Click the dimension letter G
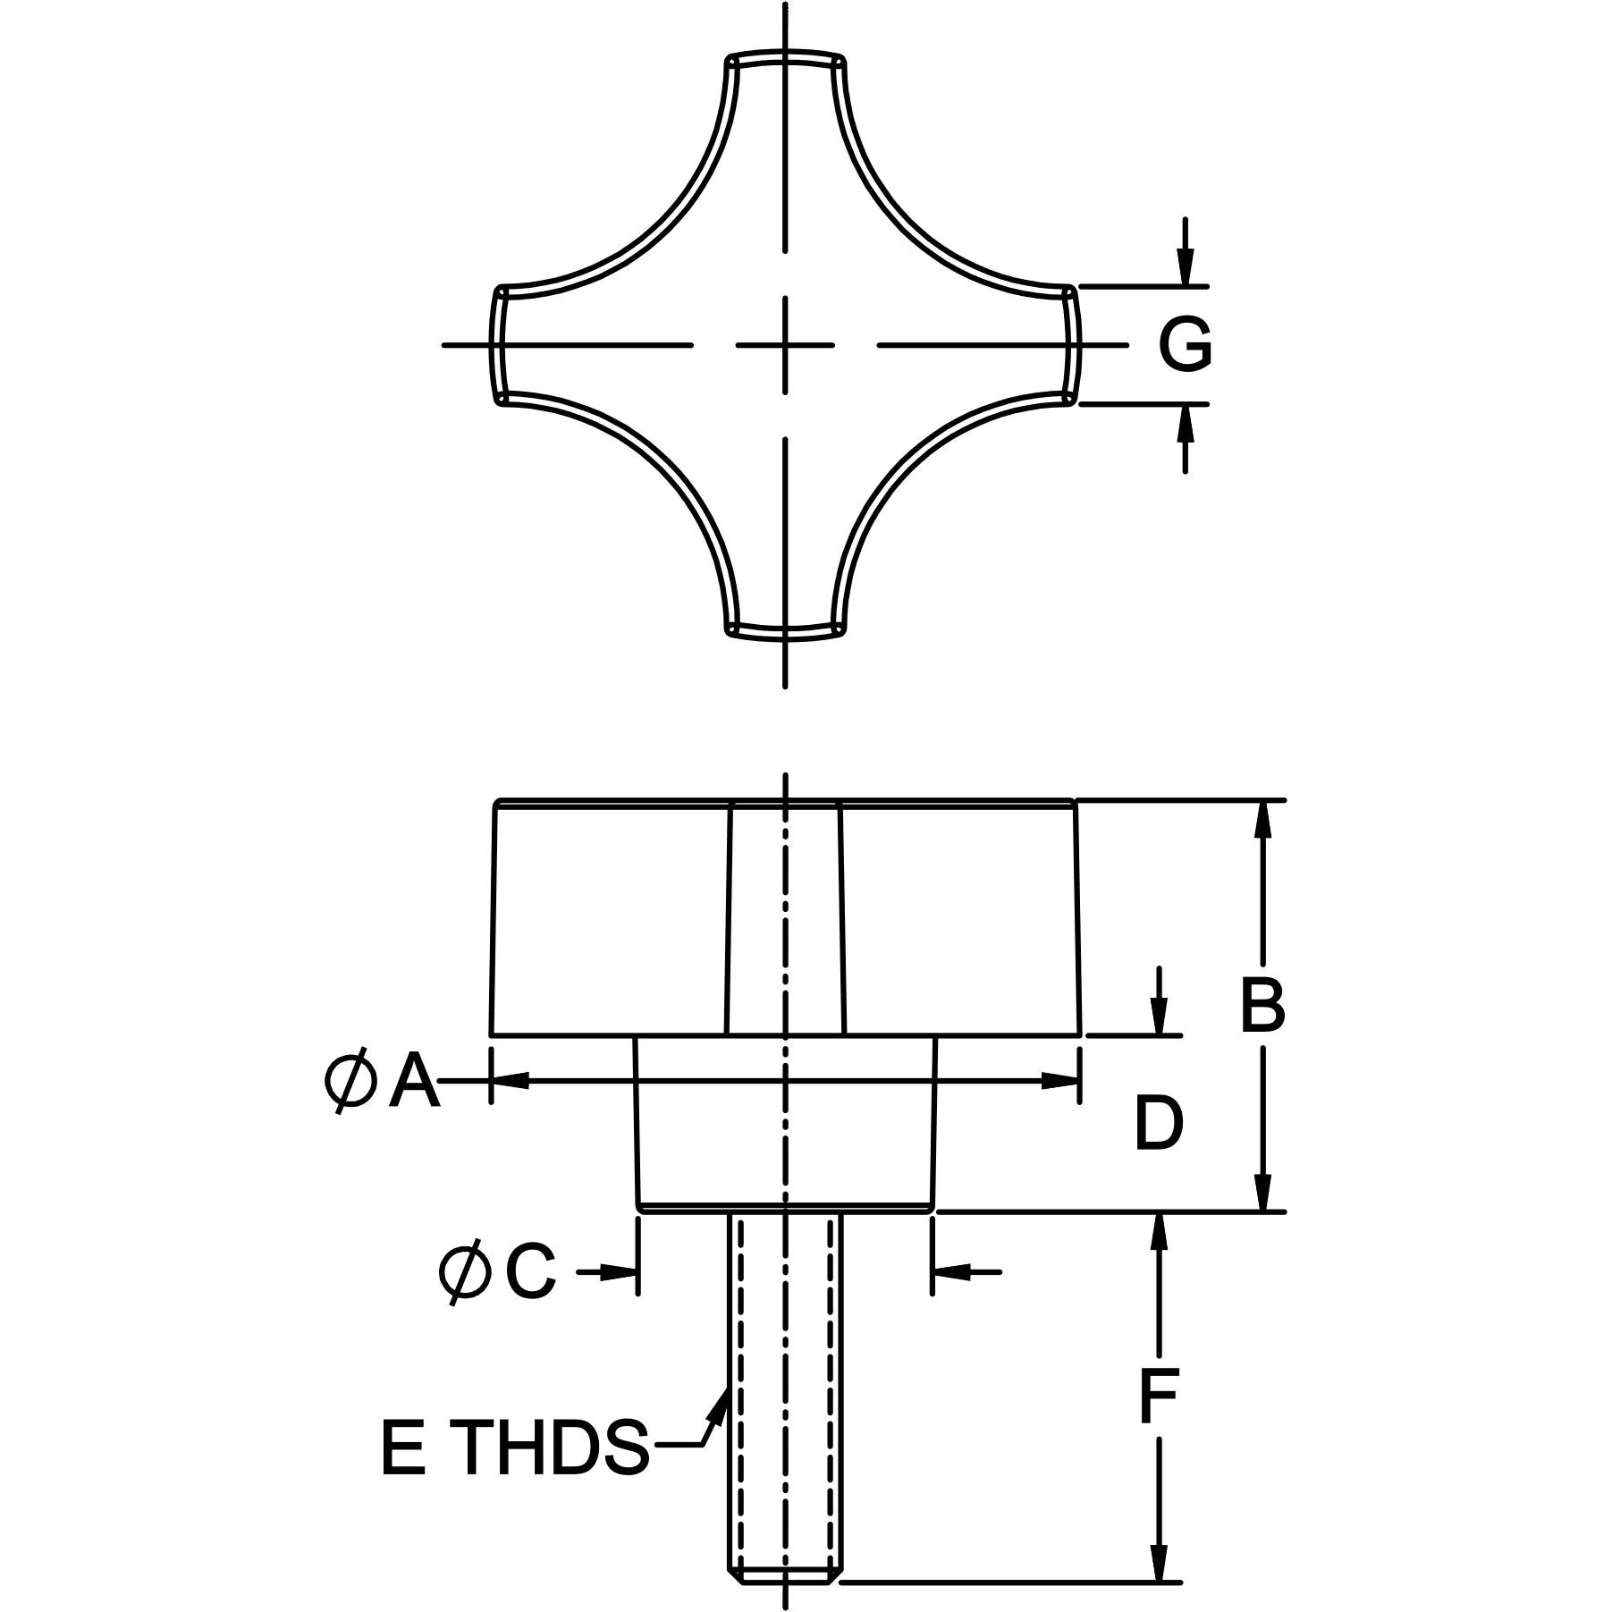1185,344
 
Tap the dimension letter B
1262,1005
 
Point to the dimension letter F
1159,1395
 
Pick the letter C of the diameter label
530,1270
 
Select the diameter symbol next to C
466,1271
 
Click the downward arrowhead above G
1185,267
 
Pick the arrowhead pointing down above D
1159,1017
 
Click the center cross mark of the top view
785,344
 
